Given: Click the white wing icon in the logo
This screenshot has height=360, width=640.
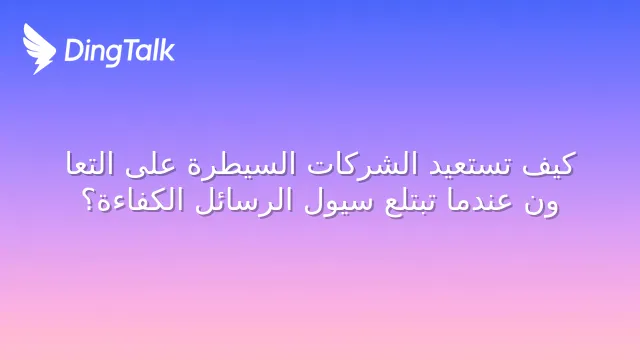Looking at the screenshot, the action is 38,49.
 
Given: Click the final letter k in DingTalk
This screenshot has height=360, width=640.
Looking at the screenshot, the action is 167,50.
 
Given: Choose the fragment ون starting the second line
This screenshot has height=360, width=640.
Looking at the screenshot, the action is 542,204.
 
